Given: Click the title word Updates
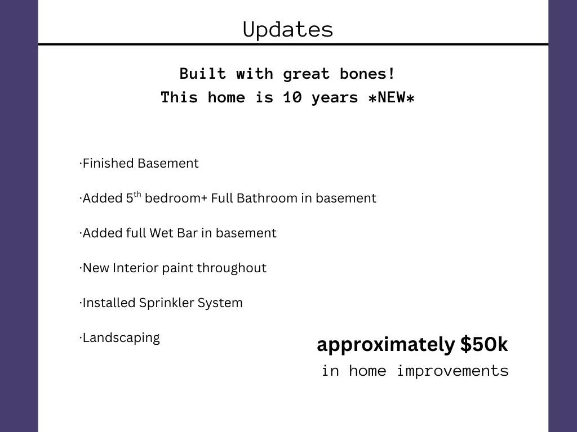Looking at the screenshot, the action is (288, 30).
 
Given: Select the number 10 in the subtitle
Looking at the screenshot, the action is (292, 97).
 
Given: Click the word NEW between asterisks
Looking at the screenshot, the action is (392, 97).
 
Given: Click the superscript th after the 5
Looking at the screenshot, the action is (137, 194).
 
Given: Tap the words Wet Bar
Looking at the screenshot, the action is (174, 233).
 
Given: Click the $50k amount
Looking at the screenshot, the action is (484, 345).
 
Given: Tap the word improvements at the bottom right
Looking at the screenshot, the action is (453, 371).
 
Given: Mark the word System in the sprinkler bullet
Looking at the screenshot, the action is (220, 303).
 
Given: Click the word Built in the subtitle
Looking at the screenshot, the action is (203, 74).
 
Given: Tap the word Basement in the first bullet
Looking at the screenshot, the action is (168, 163).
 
